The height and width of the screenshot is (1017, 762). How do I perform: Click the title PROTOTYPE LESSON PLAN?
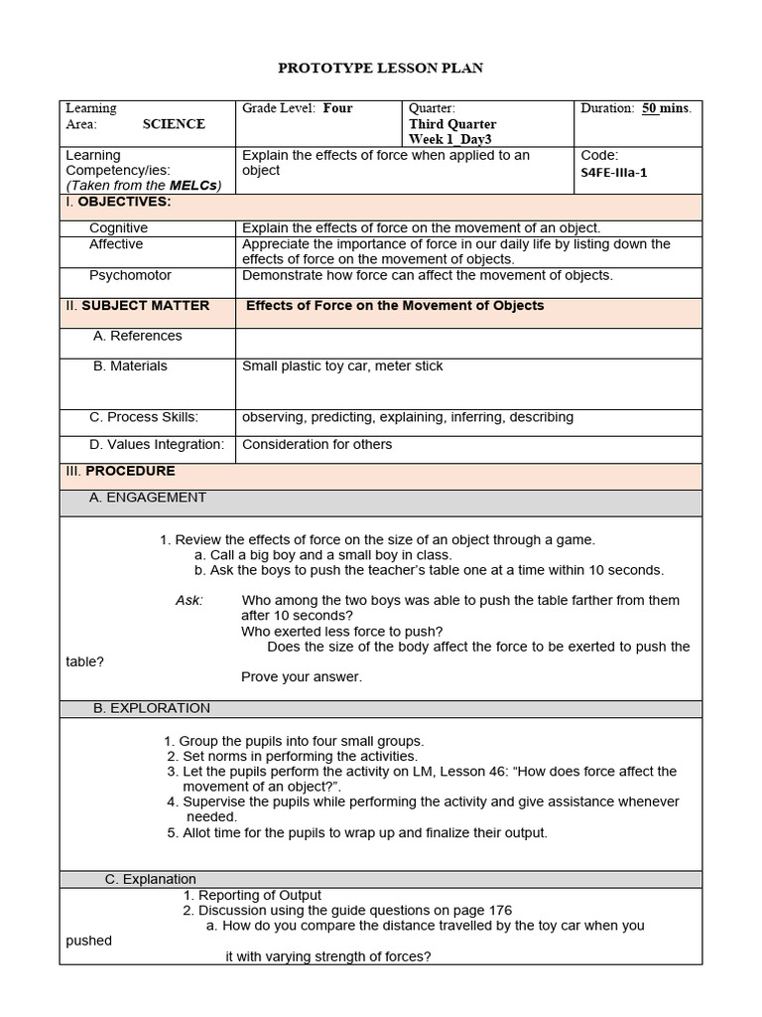click(x=380, y=68)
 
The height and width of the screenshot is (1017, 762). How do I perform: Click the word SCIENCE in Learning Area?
click(x=174, y=124)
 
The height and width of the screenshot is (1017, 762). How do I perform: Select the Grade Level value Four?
click(x=337, y=108)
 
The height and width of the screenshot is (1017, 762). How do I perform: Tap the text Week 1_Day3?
click(x=450, y=139)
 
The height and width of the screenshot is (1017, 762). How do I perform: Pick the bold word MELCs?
click(x=193, y=186)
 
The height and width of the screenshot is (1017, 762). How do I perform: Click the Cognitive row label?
click(x=118, y=228)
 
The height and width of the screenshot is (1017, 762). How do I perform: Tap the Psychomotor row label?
click(x=130, y=275)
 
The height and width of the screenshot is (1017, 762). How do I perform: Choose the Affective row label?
click(x=116, y=244)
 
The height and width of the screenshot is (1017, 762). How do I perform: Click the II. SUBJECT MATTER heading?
click(x=138, y=306)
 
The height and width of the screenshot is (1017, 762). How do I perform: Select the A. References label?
click(x=137, y=336)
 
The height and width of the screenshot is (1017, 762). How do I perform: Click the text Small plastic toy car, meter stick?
click(x=342, y=366)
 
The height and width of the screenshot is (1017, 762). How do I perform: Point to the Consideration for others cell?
click(x=317, y=444)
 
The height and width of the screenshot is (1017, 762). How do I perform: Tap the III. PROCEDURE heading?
click(x=120, y=471)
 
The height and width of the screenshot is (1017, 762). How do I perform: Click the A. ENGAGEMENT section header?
click(x=148, y=498)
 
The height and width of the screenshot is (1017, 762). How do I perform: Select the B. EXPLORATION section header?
click(x=150, y=708)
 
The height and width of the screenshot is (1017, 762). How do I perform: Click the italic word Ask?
click(x=189, y=600)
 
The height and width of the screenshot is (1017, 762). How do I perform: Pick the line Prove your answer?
click(x=302, y=677)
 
